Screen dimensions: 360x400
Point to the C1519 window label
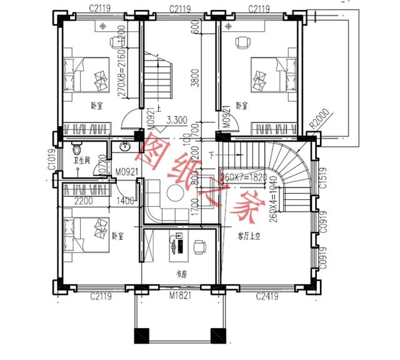(x=322, y=179)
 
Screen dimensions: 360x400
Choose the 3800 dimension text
(x=196, y=78)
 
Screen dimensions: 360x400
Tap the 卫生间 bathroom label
(x=81, y=161)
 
